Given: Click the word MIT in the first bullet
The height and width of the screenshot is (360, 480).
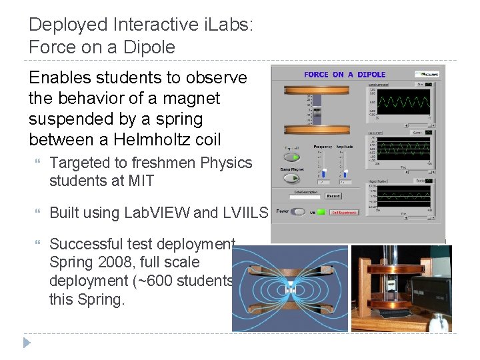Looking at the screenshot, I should pos(139,180).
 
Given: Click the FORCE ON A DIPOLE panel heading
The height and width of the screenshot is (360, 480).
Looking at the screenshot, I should pos(345,75).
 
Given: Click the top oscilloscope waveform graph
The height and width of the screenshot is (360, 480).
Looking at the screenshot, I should pos(400,103).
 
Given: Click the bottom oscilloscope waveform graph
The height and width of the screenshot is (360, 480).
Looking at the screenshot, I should pos(400,197).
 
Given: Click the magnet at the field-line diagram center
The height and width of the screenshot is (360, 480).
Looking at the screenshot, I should pos(290,290).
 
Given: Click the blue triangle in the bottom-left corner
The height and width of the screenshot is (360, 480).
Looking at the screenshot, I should pos(27,343).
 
